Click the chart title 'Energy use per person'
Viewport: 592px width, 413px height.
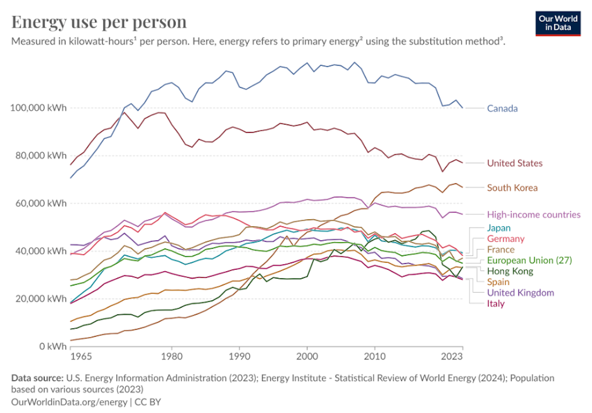pyautogui.click(x=99, y=22)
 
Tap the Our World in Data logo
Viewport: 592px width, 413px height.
pyautogui.click(x=557, y=23)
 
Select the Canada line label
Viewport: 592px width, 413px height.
pyautogui.click(x=502, y=108)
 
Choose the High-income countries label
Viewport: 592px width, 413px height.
pyautogui.click(x=533, y=214)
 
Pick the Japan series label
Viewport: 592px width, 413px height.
pyautogui.click(x=498, y=228)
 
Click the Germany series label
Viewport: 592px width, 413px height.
pyautogui.click(x=506, y=239)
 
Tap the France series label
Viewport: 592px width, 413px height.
pyautogui.click(x=501, y=249)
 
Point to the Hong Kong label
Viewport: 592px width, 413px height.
pyautogui.click(x=510, y=271)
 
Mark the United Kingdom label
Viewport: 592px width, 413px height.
pyautogui.click(x=520, y=293)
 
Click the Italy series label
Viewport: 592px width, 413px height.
pyautogui.click(x=496, y=304)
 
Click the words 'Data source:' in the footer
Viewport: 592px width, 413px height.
pyautogui.click(x=37, y=378)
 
